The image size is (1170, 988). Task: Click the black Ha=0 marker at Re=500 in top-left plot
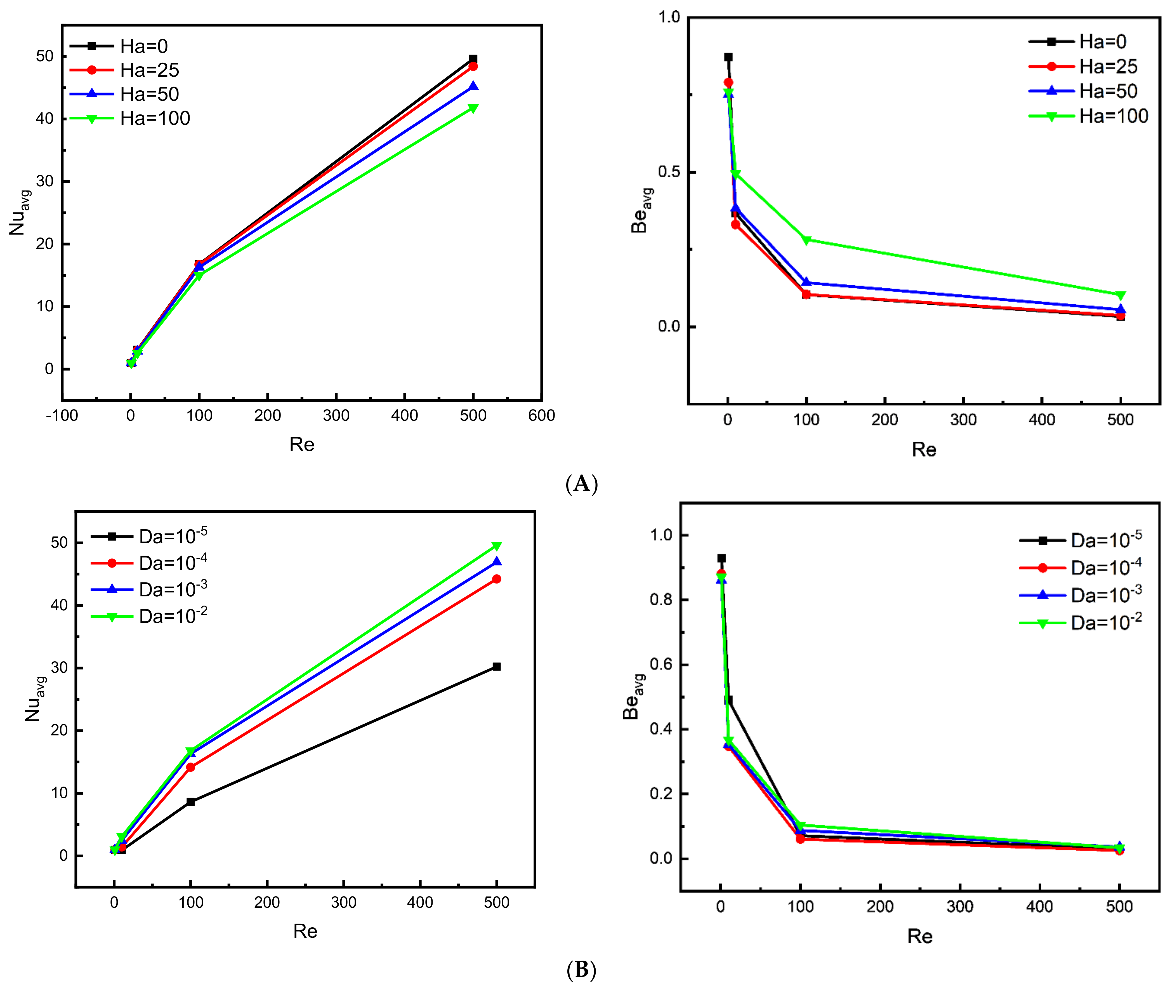click(473, 59)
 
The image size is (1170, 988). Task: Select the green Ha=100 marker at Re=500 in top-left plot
click(473, 108)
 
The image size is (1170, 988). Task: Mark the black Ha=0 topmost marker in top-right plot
click(728, 57)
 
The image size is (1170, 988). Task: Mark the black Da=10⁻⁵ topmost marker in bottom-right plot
click(721, 558)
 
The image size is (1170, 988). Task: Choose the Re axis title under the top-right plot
click(924, 449)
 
